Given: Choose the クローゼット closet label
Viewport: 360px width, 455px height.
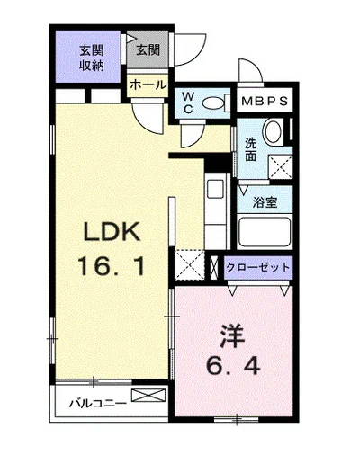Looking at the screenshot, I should coord(258,267).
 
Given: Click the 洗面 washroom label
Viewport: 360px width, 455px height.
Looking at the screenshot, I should coord(251,148).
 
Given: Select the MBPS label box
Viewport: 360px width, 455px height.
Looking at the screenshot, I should coord(265,101).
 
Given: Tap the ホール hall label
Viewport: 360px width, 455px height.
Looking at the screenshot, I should coord(148,85).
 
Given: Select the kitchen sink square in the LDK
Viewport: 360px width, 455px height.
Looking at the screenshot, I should coord(217,190).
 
